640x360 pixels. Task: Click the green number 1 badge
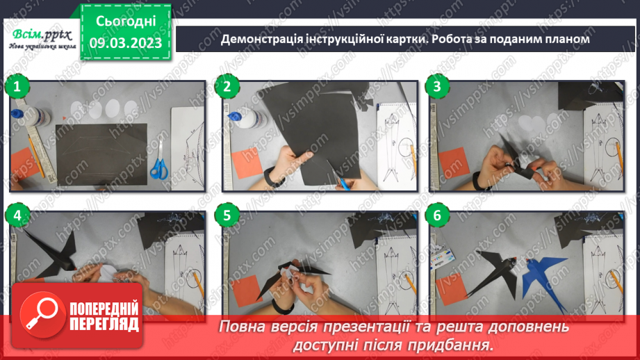pos(17,87)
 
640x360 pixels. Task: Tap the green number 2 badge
pos(227,87)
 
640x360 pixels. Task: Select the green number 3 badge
pos(437,87)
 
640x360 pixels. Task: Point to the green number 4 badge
pos(17,216)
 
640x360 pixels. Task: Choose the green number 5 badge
pos(227,216)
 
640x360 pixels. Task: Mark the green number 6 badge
pos(437,216)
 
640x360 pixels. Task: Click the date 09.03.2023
pos(124,43)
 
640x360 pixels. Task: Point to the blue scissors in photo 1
pos(159,161)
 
